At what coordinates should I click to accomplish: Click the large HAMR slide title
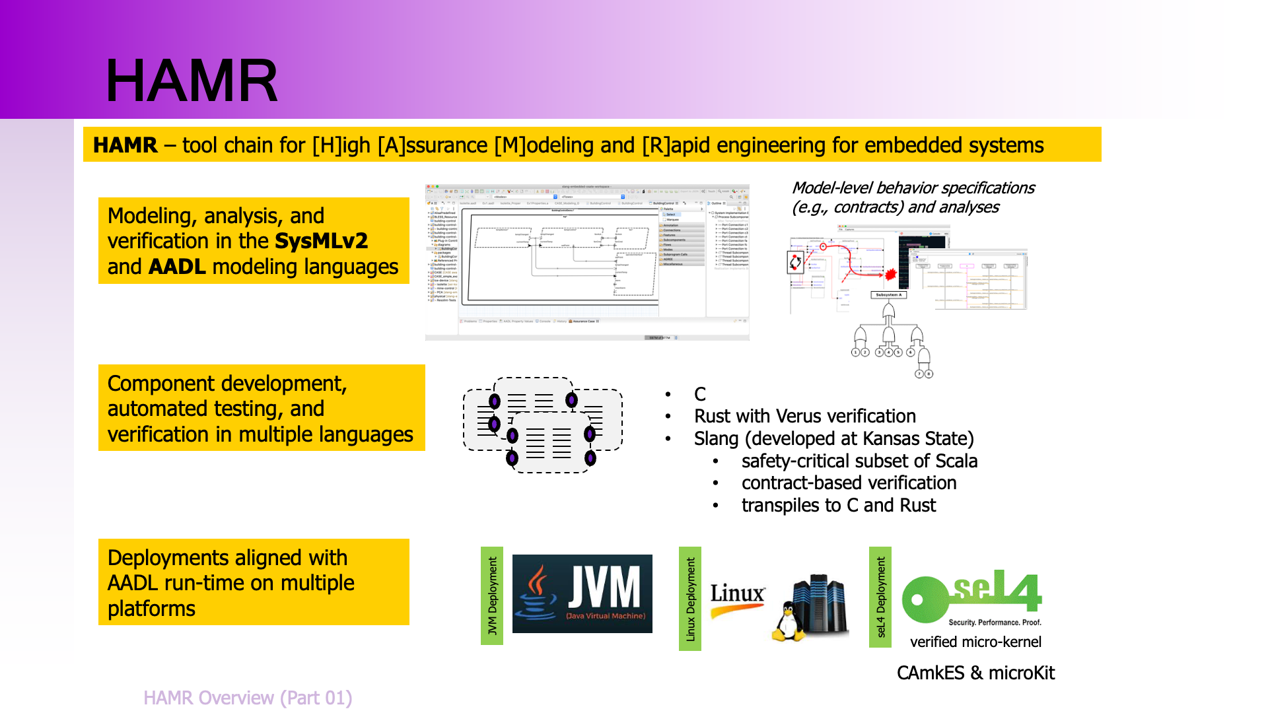tap(192, 81)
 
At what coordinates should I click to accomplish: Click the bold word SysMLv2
tap(321, 241)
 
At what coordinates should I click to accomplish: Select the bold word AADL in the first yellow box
tap(177, 267)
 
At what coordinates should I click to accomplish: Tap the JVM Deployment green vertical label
tap(492, 595)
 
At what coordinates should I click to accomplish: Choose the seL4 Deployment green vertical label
tap(880, 597)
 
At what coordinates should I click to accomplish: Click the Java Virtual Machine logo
tap(582, 594)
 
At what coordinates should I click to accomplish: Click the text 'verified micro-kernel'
tap(975, 642)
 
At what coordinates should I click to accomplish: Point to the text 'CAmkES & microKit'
tap(975, 673)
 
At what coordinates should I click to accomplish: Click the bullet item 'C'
tap(700, 394)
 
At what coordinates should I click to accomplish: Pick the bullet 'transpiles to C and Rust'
tap(838, 505)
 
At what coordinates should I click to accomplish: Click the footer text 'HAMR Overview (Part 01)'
tap(248, 698)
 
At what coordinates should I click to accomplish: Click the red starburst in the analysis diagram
tap(890, 273)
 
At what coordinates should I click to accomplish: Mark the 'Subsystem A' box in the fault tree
tap(888, 295)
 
